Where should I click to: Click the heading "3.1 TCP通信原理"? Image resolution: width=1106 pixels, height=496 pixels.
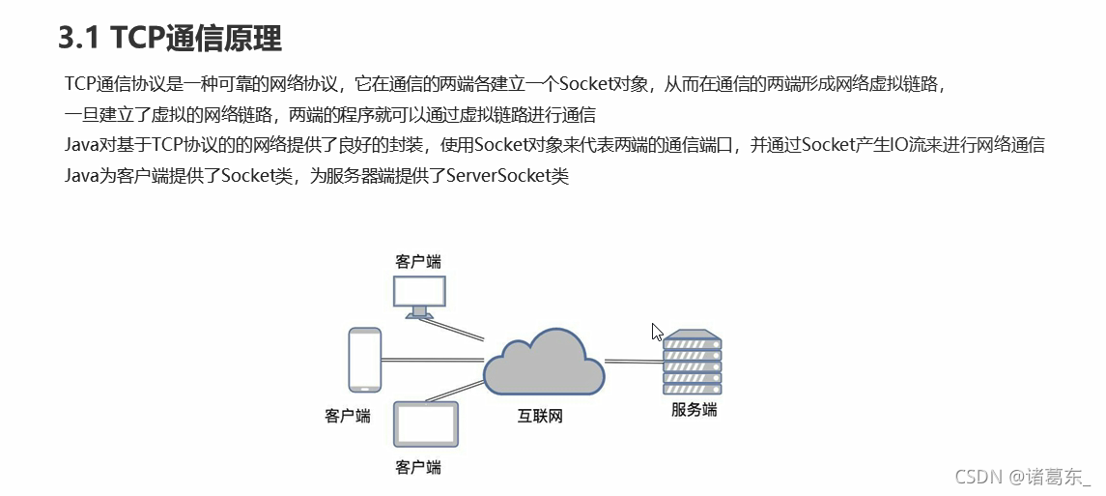point(170,38)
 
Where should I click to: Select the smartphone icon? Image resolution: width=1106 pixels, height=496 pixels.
point(364,359)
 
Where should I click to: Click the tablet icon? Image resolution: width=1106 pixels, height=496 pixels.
point(426,423)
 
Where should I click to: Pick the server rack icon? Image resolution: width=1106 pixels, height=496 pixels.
point(692,362)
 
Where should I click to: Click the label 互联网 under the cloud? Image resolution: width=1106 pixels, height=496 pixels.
point(540,417)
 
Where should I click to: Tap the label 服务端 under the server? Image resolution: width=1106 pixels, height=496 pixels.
point(694,409)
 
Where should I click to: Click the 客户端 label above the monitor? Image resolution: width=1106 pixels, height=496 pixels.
point(418,262)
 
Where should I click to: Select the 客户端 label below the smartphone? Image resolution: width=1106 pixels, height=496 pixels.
point(348,416)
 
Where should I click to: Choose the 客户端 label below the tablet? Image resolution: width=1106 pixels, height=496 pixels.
point(418,467)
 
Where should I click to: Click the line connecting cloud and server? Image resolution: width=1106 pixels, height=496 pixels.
point(633,361)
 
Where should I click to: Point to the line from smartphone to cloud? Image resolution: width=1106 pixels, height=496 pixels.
point(431,360)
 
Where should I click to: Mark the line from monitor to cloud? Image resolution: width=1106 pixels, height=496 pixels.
point(464,330)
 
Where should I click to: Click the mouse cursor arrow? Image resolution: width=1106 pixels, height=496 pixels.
point(657,332)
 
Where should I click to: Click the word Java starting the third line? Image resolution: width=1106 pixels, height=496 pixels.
point(81,145)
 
